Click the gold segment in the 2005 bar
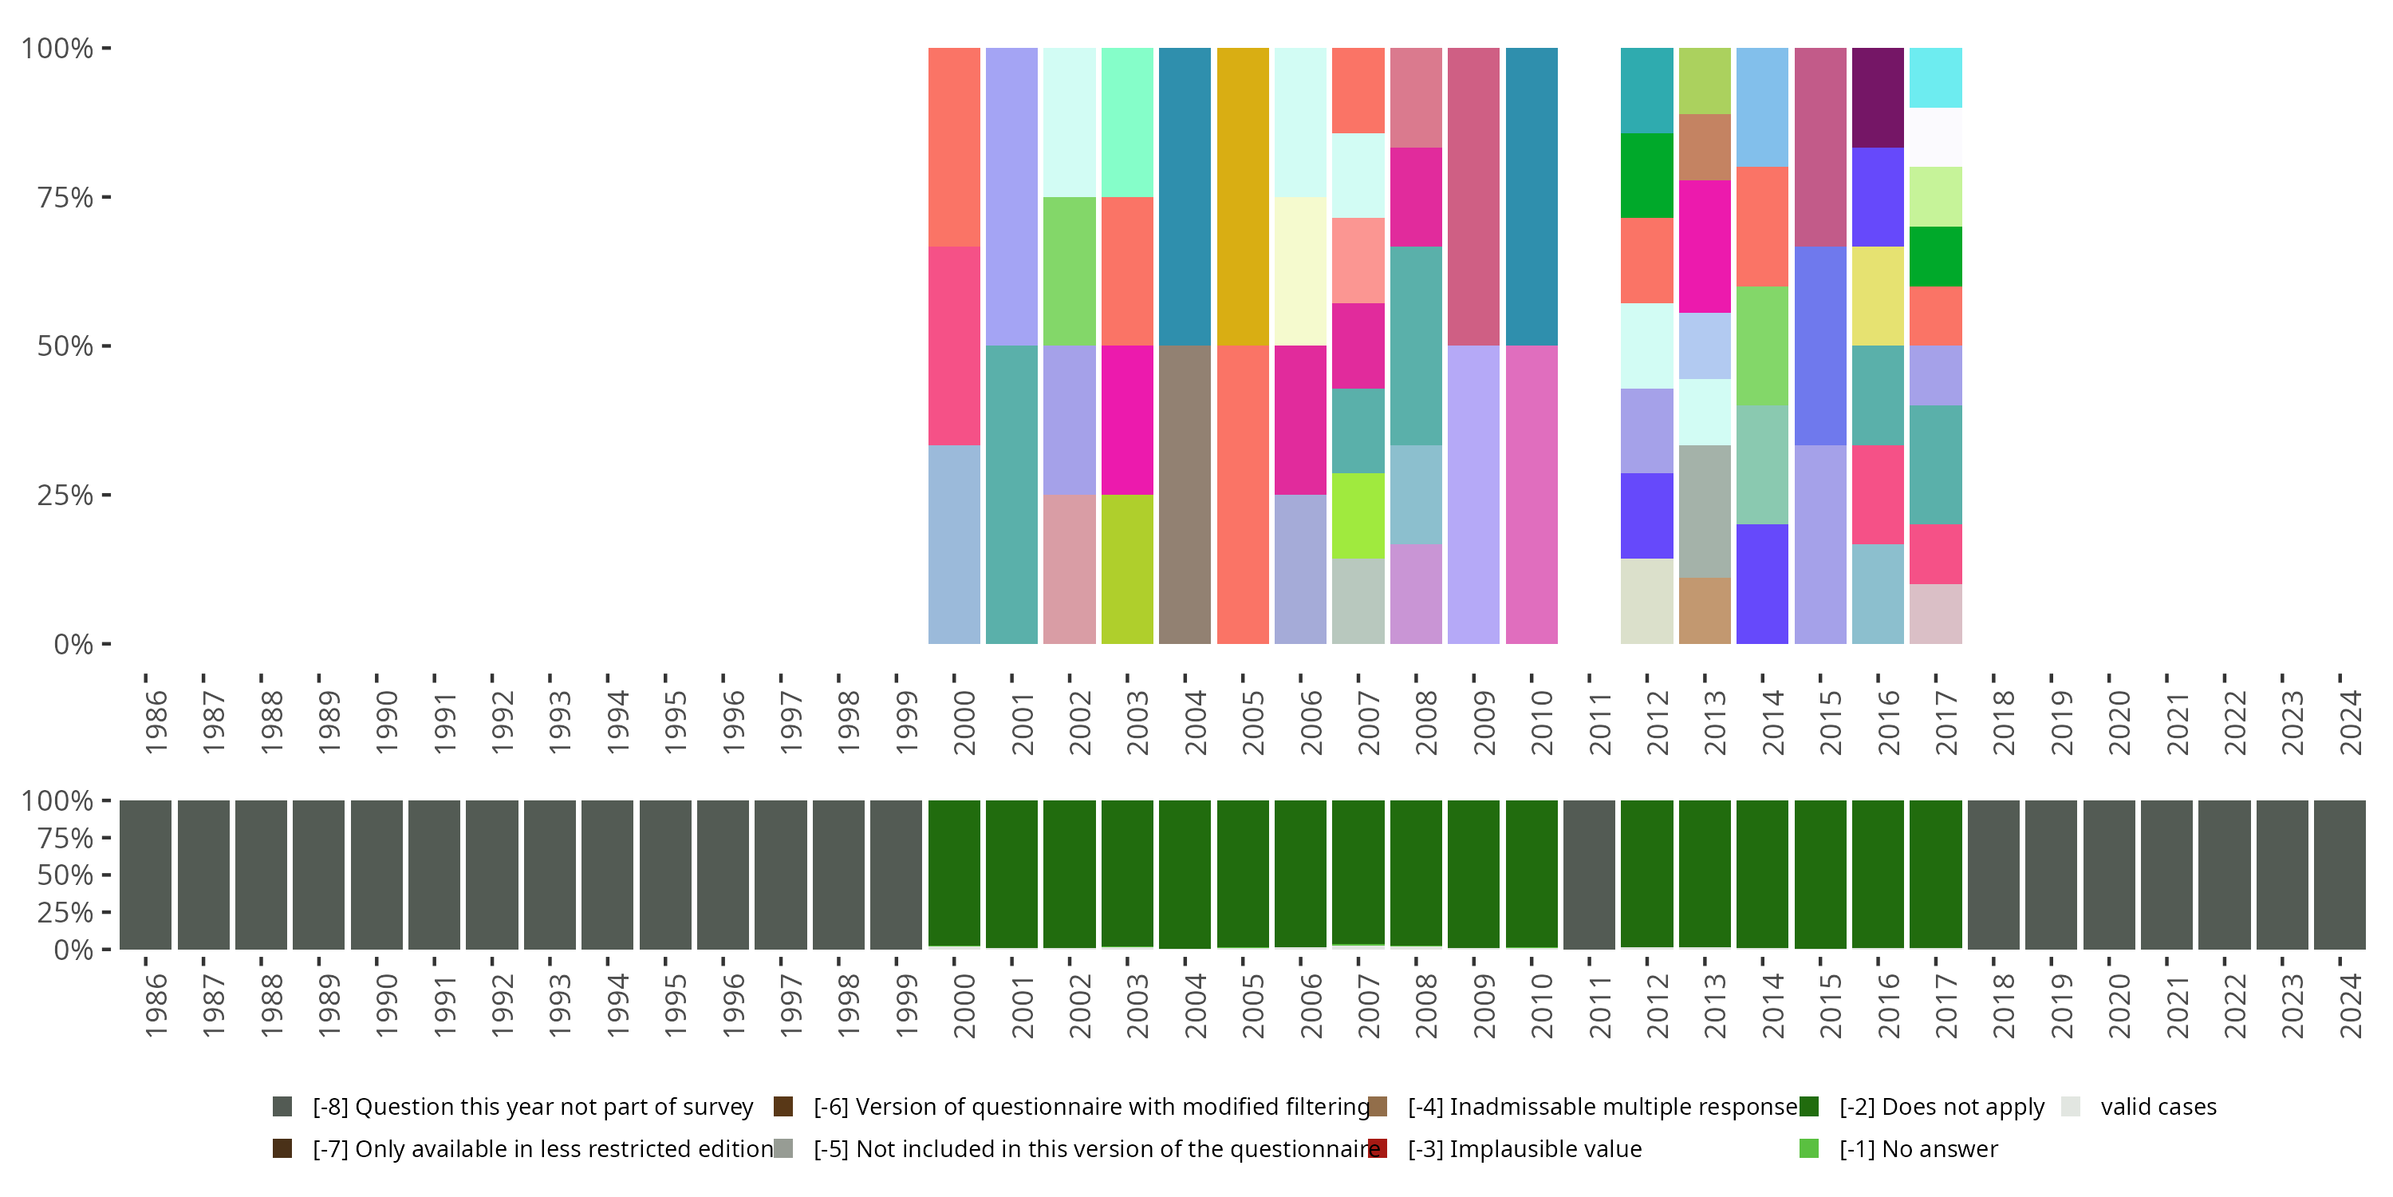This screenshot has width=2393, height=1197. click(x=1242, y=196)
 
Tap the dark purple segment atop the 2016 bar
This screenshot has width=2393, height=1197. click(x=1878, y=97)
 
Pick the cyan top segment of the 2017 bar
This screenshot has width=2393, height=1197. click(x=1935, y=77)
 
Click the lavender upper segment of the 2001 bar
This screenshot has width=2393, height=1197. click(x=1011, y=196)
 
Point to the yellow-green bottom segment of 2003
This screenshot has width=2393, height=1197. click(x=1127, y=568)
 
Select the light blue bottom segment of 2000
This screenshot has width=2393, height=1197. click(x=954, y=543)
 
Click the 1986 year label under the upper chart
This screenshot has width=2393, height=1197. click(x=156, y=721)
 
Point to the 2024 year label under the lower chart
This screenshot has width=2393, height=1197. click(x=2350, y=1005)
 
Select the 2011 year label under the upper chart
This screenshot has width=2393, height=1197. click(x=1599, y=721)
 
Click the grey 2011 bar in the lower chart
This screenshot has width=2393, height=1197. click(x=1588, y=874)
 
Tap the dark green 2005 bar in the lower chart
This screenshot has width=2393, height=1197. click(x=1242, y=874)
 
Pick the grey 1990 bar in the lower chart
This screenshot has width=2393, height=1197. click(x=376, y=874)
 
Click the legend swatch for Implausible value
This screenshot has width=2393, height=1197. click(x=1378, y=1148)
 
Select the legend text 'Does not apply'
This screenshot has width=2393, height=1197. click(x=1942, y=1107)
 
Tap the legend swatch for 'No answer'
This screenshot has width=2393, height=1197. click(x=1808, y=1148)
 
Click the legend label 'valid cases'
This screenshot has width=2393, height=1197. click(x=2158, y=1107)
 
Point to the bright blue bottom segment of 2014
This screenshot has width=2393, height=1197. click(x=1761, y=583)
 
